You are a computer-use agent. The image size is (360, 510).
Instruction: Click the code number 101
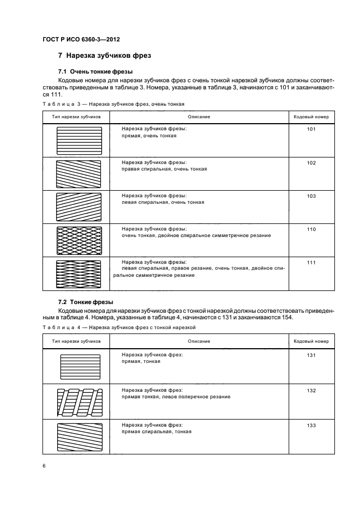[311, 130]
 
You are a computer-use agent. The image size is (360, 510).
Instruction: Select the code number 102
[311, 162]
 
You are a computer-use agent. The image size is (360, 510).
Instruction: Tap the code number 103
[311, 196]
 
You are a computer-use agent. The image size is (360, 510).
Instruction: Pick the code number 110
[311, 229]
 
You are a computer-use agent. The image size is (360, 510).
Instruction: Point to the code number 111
[311, 262]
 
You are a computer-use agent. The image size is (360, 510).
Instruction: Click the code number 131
[311, 355]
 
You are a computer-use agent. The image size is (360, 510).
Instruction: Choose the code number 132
[311, 391]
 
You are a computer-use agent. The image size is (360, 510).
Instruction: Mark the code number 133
[311, 424]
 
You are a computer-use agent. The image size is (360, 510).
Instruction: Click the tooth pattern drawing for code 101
[79, 141]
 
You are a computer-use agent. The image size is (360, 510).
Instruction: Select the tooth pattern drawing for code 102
[79, 174]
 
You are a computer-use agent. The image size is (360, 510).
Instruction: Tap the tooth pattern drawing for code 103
[79, 207]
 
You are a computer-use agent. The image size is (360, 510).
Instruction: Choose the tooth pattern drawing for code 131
[80, 367]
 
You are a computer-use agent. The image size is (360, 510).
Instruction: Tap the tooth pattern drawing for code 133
[80, 437]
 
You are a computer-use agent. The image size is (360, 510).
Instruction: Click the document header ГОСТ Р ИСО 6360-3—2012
[81, 39]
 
